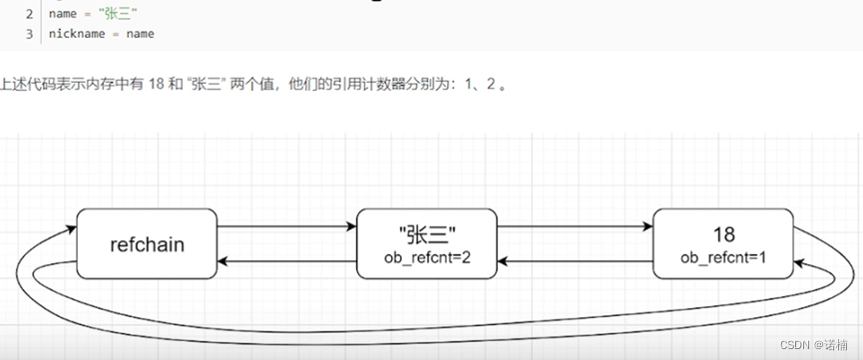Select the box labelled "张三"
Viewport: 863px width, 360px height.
pos(426,243)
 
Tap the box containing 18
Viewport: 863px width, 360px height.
pos(723,243)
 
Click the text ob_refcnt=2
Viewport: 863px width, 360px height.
pos(426,257)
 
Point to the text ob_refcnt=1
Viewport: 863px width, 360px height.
pos(723,257)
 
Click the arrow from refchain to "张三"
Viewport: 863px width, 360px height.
pos(286,227)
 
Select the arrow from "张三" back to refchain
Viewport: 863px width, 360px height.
pos(286,261)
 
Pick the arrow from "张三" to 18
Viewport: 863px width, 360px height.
pos(575,227)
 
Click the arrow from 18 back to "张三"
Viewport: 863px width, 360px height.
pos(575,261)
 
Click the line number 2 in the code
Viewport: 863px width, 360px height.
pos(29,14)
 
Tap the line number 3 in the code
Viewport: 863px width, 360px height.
pos(29,34)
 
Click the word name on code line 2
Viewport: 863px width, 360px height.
pos(63,14)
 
